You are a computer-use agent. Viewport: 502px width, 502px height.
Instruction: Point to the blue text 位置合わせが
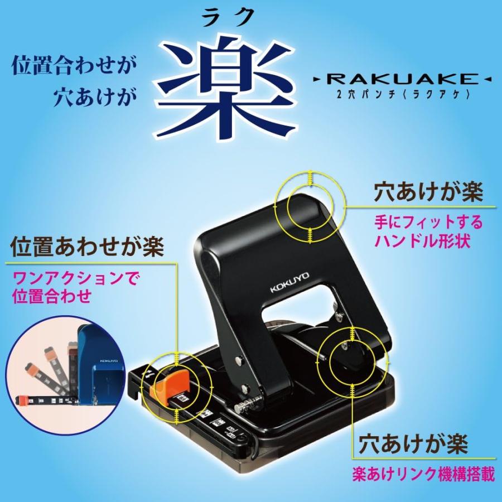[x=74, y=66]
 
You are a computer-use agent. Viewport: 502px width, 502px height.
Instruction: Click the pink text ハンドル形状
[x=416, y=242]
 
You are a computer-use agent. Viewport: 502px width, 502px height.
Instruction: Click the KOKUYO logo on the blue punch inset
[x=109, y=361]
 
